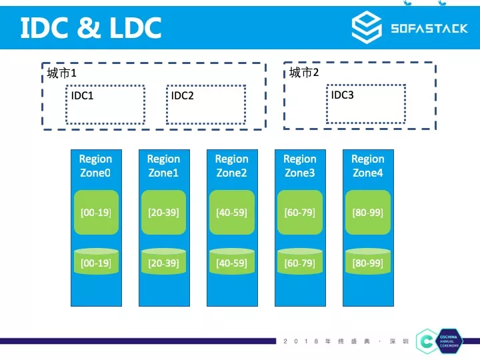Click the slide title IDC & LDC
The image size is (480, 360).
point(91,27)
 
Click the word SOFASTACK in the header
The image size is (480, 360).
point(429,29)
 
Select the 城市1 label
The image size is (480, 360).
point(62,73)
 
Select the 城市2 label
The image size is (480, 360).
point(304,72)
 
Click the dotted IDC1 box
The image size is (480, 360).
point(105,104)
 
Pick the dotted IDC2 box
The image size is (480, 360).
point(205,104)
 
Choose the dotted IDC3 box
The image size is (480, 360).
point(366,103)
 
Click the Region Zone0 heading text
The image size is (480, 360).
point(95,166)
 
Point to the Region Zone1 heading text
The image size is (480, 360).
point(163,166)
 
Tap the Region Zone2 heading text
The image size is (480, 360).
point(231,166)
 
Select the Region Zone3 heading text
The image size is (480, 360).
point(299,166)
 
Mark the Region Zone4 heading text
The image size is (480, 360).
point(367,166)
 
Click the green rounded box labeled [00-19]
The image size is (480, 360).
point(95,213)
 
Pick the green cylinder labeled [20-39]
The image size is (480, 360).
point(163,262)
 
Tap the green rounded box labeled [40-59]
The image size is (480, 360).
point(231,213)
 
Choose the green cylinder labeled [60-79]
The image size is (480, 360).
point(299,262)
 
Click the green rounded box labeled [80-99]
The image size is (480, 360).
point(367,213)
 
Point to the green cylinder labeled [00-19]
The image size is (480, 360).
point(95,262)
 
